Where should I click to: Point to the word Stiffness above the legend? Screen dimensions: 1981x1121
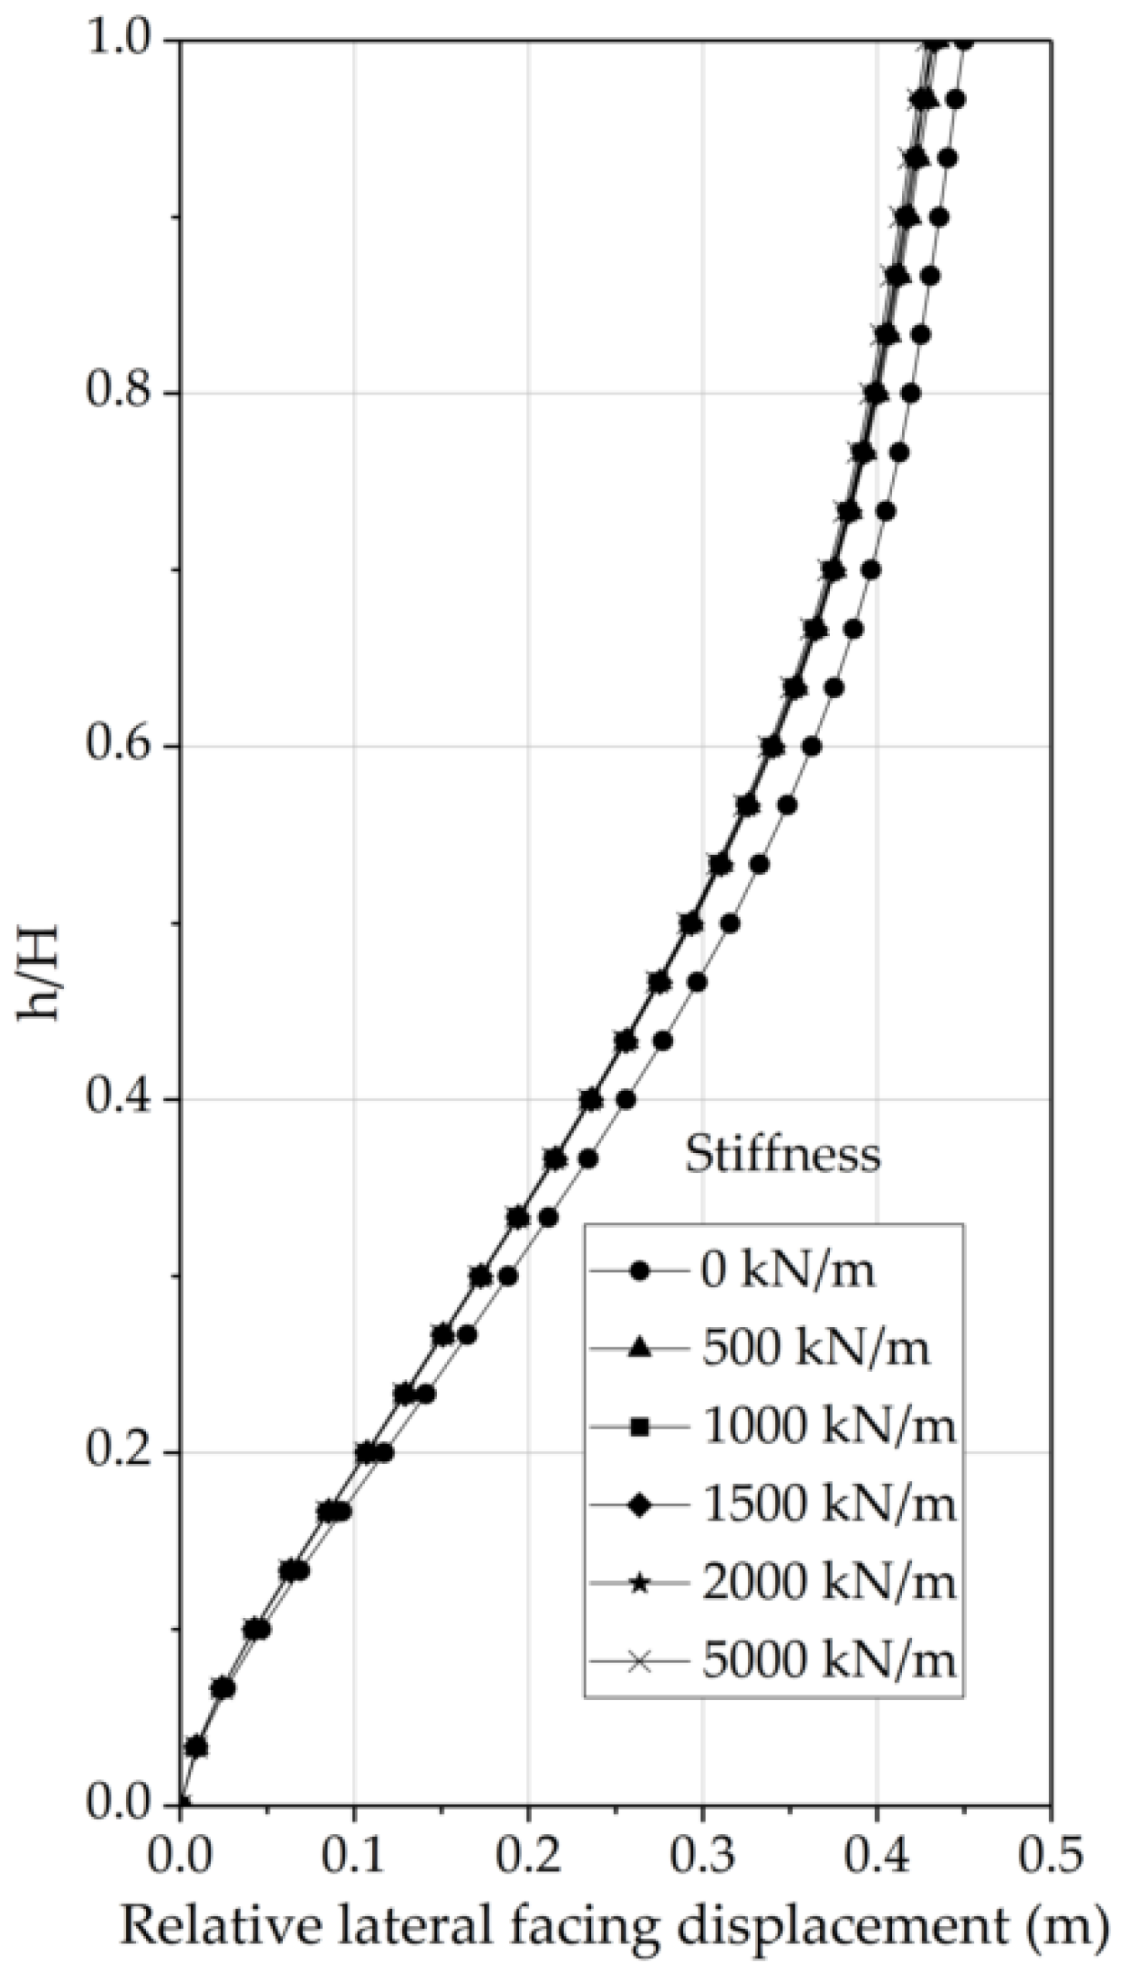coord(782,1154)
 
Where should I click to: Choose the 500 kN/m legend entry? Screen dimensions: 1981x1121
coord(815,1349)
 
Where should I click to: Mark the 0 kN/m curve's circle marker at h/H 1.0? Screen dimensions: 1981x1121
coord(964,41)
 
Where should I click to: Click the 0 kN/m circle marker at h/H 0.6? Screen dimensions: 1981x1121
coord(811,747)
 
